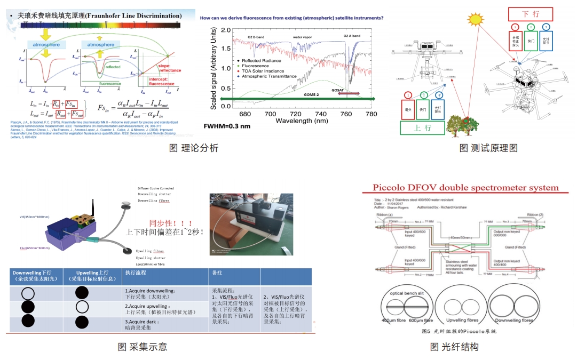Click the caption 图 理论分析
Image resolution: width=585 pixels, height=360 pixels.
click(193, 148)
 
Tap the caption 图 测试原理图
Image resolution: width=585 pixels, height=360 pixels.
click(488, 148)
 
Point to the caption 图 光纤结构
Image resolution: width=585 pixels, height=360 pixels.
click(454, 347)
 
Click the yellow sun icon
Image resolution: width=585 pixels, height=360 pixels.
click(474, 20)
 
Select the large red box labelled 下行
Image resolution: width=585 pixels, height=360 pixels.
click(529, 13)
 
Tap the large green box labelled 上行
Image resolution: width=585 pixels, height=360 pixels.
click(422, 129)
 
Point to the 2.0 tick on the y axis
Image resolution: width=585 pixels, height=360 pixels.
click(226, 30)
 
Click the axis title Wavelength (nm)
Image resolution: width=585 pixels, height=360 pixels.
click(301, 122)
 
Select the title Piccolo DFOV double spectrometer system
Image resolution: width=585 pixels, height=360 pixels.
click(460, 188)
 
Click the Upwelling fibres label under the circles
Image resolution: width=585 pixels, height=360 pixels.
click(460, 319)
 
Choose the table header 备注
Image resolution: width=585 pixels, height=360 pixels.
click(217, 273)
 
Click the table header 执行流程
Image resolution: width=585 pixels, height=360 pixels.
click(136, 273)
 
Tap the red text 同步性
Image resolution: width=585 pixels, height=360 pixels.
click(163, 222)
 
